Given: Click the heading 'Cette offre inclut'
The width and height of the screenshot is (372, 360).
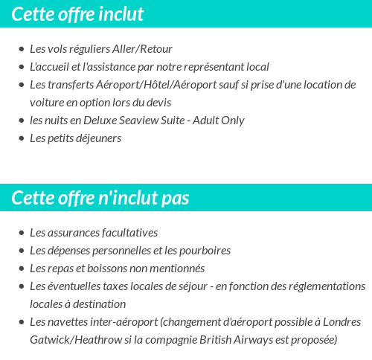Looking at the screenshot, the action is [x=78, y=14].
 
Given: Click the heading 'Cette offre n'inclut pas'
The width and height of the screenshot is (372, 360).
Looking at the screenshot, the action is [x=100, y=198].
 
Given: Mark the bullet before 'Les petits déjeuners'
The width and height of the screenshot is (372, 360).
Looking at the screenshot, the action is [x=22, y=139].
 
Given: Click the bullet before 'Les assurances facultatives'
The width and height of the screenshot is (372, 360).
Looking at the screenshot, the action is [x=22, y=234].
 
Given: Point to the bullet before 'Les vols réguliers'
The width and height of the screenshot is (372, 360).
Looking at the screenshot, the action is [x=22, y=50].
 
